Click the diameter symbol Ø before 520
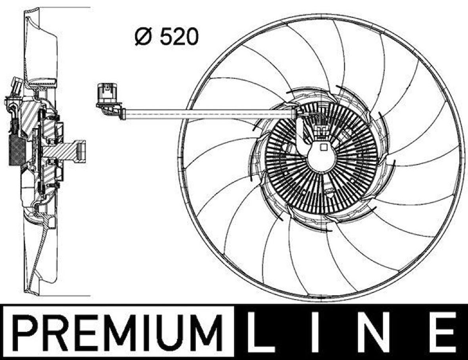tap(143, 37)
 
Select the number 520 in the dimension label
tap(178, 37)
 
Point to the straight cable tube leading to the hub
tap(206, 114)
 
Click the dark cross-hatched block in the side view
tap(16, 151)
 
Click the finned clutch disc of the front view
tap(321, 159)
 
